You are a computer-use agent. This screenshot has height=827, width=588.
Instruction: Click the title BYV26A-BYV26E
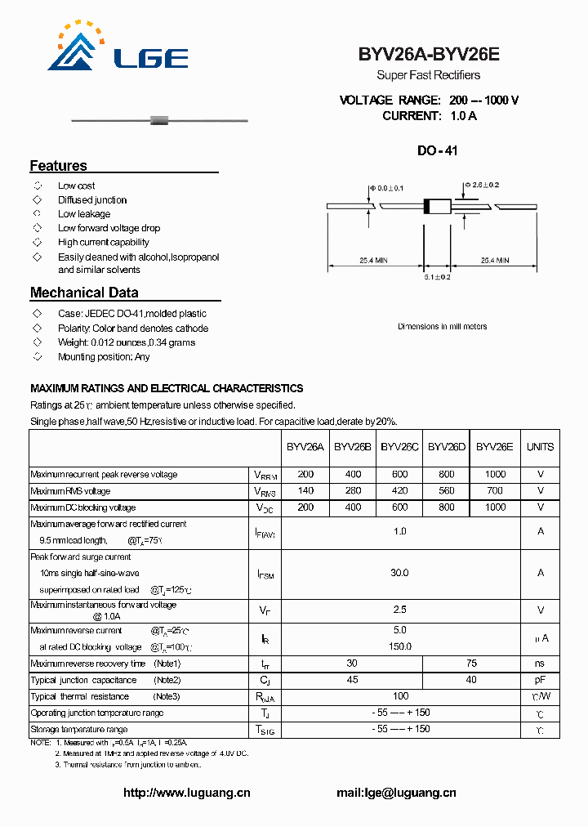tap(429, 56)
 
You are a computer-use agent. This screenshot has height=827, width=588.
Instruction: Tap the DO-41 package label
tap(438, 151)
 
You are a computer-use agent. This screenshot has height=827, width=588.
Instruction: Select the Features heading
tap(59, 166)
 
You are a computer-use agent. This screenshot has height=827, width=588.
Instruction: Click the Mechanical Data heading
tap(84, 293)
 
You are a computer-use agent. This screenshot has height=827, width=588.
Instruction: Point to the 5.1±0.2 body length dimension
tap(438, 278)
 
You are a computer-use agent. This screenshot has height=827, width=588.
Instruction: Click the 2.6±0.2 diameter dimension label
tap(482, 186)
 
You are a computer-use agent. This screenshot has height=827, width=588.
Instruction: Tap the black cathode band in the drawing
tap(426, 207)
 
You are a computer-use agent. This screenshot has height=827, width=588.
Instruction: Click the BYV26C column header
tap(399, 447)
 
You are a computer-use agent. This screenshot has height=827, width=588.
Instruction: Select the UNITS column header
tap(540, 447)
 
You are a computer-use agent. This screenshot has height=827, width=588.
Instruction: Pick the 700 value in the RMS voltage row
tap(495, 491)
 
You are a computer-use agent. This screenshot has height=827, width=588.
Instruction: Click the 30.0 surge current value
tap(399, 574)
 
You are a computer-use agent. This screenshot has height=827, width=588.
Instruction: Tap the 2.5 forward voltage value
tap(399, 610)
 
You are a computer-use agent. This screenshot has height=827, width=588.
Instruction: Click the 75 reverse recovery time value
tap(471, 664)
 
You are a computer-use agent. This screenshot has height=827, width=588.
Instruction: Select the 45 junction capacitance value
tap(352, 680)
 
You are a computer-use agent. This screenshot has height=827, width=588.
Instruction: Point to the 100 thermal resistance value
tap(400, 696)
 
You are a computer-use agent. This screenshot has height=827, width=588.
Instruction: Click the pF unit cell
tap(540, 680)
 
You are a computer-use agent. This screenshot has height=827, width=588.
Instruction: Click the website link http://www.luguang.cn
tap(186, 793)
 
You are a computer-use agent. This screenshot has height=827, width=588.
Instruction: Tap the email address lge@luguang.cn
tap(396, 793)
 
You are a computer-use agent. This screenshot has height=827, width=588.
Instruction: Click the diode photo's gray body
tap(159, 121)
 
